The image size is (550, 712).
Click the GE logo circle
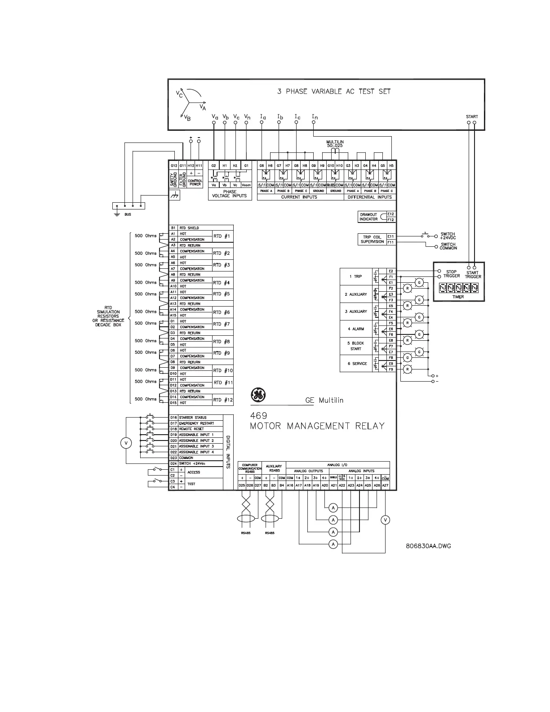pos(258,396)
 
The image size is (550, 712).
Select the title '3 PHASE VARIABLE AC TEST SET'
pos(334,91)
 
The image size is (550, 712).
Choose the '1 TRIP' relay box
pos(358,276)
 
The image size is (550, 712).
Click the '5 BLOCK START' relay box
pos(358,346)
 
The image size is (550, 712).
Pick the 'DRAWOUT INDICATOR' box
pos(368,217)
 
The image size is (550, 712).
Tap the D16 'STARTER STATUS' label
pos(193,418)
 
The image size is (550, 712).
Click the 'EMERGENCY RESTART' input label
pos(196,423)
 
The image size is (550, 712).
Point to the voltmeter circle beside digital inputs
pos(126,443)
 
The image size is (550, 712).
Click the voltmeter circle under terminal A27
pos(385,520)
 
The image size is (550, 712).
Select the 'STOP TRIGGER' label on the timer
pos(451,274)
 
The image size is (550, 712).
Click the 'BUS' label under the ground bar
pos(128,214)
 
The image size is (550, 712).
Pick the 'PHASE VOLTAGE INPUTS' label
pos(230,194)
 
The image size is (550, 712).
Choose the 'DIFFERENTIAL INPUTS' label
pos(370,197)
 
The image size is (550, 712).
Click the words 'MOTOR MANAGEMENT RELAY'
pos(317,426)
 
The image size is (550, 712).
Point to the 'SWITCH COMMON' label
pos(448,246)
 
